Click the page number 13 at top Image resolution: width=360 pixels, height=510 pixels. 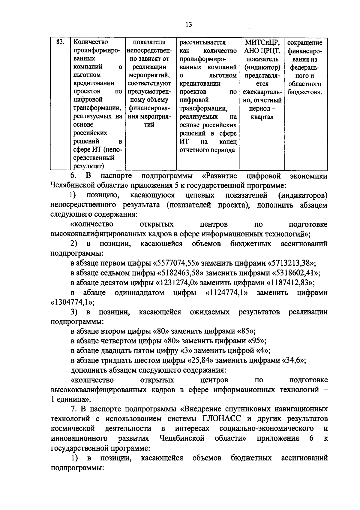click(189, 25)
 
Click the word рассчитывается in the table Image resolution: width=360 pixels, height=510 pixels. click(202, 42)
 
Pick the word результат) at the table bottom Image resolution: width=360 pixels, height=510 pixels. click(88, 166)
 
